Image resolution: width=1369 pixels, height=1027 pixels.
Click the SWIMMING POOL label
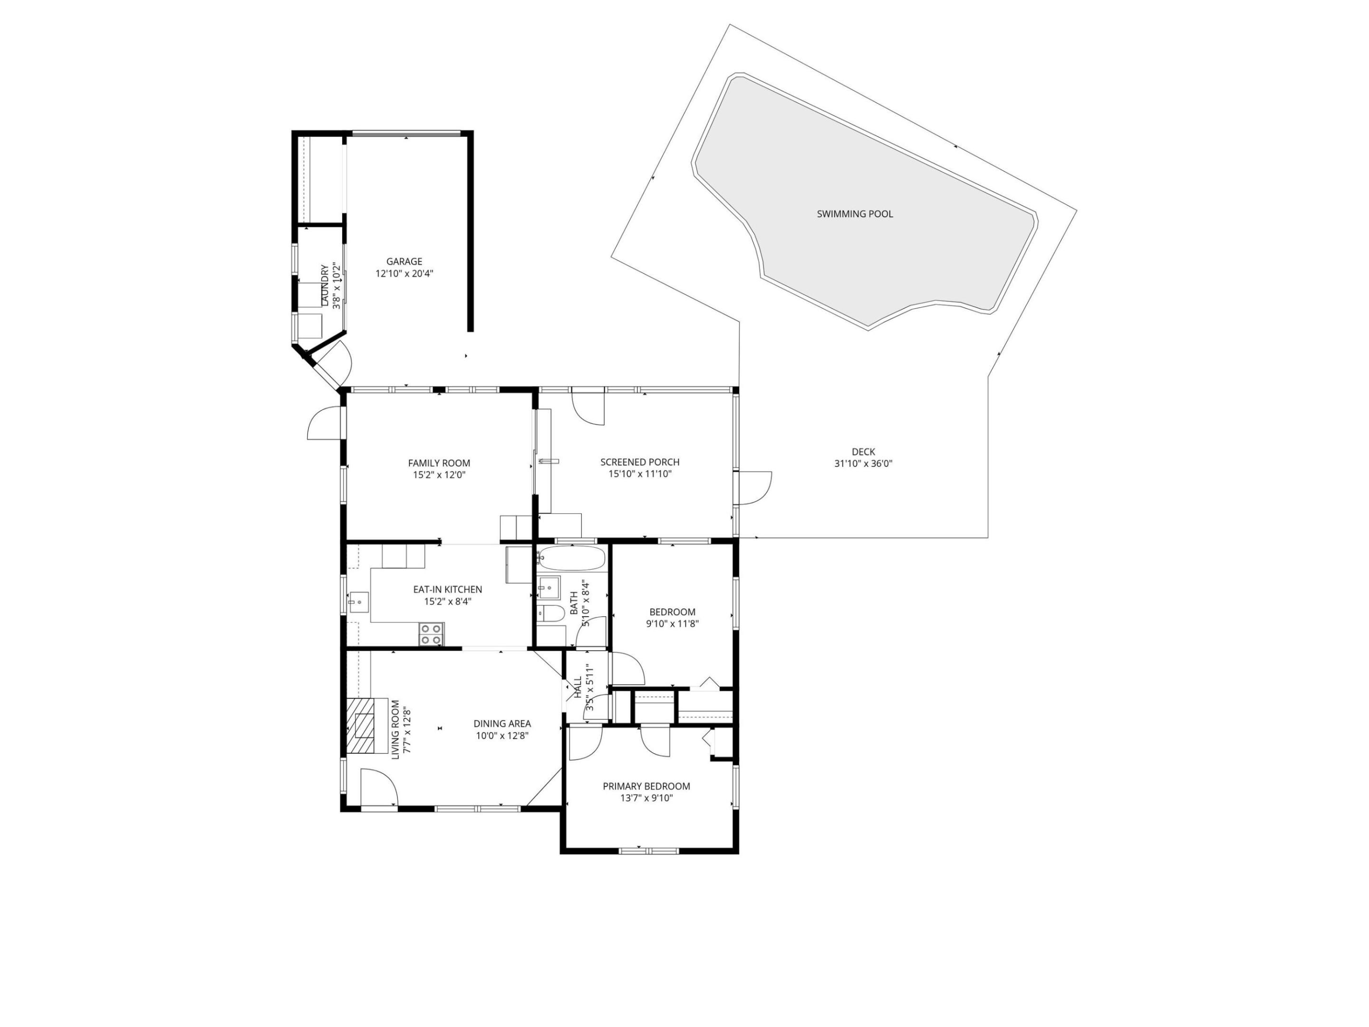855,214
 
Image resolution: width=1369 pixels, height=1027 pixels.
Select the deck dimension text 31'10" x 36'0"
863,464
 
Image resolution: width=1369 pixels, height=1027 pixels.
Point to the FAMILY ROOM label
439,463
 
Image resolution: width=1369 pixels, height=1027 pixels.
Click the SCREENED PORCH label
639,462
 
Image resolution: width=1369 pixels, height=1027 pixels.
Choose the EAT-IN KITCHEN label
447,589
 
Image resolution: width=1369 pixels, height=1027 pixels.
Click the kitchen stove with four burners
431,634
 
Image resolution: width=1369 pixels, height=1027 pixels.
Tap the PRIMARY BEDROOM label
646,786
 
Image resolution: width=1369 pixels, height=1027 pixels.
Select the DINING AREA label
502,724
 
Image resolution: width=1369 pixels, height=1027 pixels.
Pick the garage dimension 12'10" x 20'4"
404,273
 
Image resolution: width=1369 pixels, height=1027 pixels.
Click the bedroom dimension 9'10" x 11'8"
672,624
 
